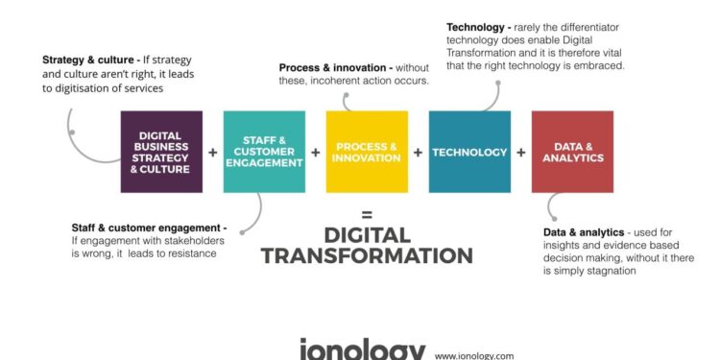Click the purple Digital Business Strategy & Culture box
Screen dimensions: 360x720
pos(161,152)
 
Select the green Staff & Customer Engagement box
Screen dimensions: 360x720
pos(264,152)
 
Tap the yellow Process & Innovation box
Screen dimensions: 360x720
pos(367,152)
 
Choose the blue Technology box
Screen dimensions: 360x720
pos(469,152)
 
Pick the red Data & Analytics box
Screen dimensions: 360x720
pos(572,152)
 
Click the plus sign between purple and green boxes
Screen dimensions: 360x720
pos(213,153)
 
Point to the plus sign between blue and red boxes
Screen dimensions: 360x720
pos(521,153)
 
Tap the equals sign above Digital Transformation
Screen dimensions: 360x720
pos(367,214)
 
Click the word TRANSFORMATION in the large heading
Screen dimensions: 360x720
pos(367,255)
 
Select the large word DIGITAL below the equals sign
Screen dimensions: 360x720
pos(367,234)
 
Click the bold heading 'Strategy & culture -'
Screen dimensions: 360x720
pos(89,60)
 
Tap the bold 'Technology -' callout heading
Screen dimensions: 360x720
pos(479,26)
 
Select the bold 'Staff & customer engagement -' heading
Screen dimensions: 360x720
pos(149,227)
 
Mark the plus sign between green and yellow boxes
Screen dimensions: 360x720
pos(316,153)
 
